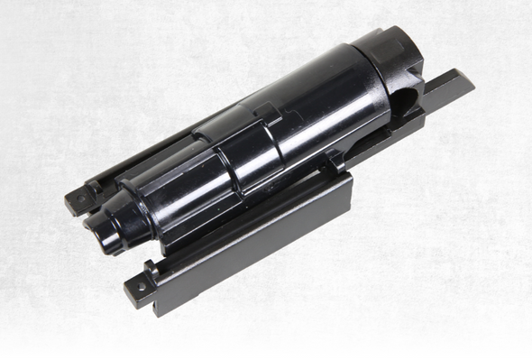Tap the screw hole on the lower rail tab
click(139, 288)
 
